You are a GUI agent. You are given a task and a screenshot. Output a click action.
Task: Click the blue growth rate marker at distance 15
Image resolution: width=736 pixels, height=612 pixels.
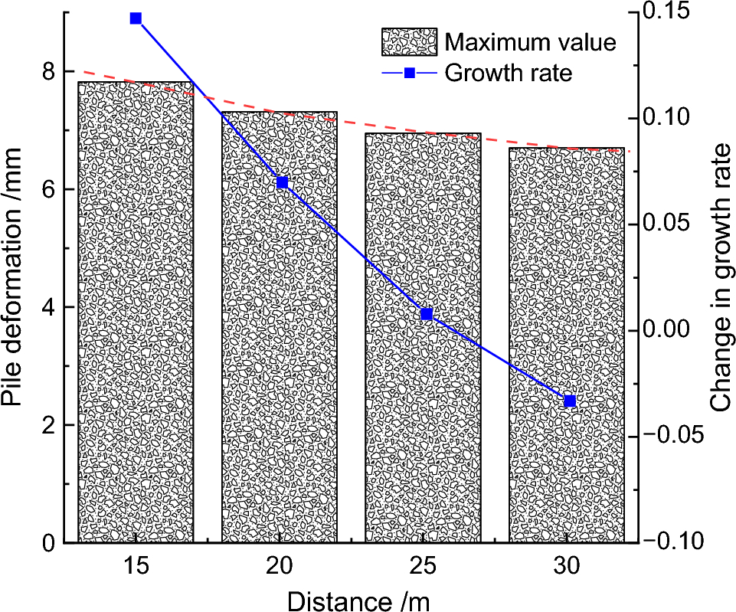pos(136,18)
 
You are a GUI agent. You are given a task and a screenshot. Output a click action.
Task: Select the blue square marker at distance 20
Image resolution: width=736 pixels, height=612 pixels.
pos(282,182)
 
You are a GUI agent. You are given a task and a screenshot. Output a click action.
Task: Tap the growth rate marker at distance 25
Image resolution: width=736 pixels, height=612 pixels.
pos(427,314)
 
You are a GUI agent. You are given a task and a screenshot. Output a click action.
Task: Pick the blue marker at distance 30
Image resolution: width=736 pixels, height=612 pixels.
pos(570,401)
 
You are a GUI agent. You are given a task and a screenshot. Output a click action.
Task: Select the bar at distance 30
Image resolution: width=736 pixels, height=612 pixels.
pos(567,345)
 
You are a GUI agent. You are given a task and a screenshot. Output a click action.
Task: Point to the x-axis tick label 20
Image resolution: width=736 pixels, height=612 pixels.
pos(280,566)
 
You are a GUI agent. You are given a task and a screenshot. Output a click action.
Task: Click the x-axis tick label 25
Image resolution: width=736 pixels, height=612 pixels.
pos(424,566)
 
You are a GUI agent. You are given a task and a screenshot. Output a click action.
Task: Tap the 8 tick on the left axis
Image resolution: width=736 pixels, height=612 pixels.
pos(49,72)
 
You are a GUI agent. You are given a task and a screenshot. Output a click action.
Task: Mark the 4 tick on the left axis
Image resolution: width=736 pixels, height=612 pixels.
pos(49,307)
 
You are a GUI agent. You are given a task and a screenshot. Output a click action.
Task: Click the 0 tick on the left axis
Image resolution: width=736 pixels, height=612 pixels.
pos(49,542)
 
